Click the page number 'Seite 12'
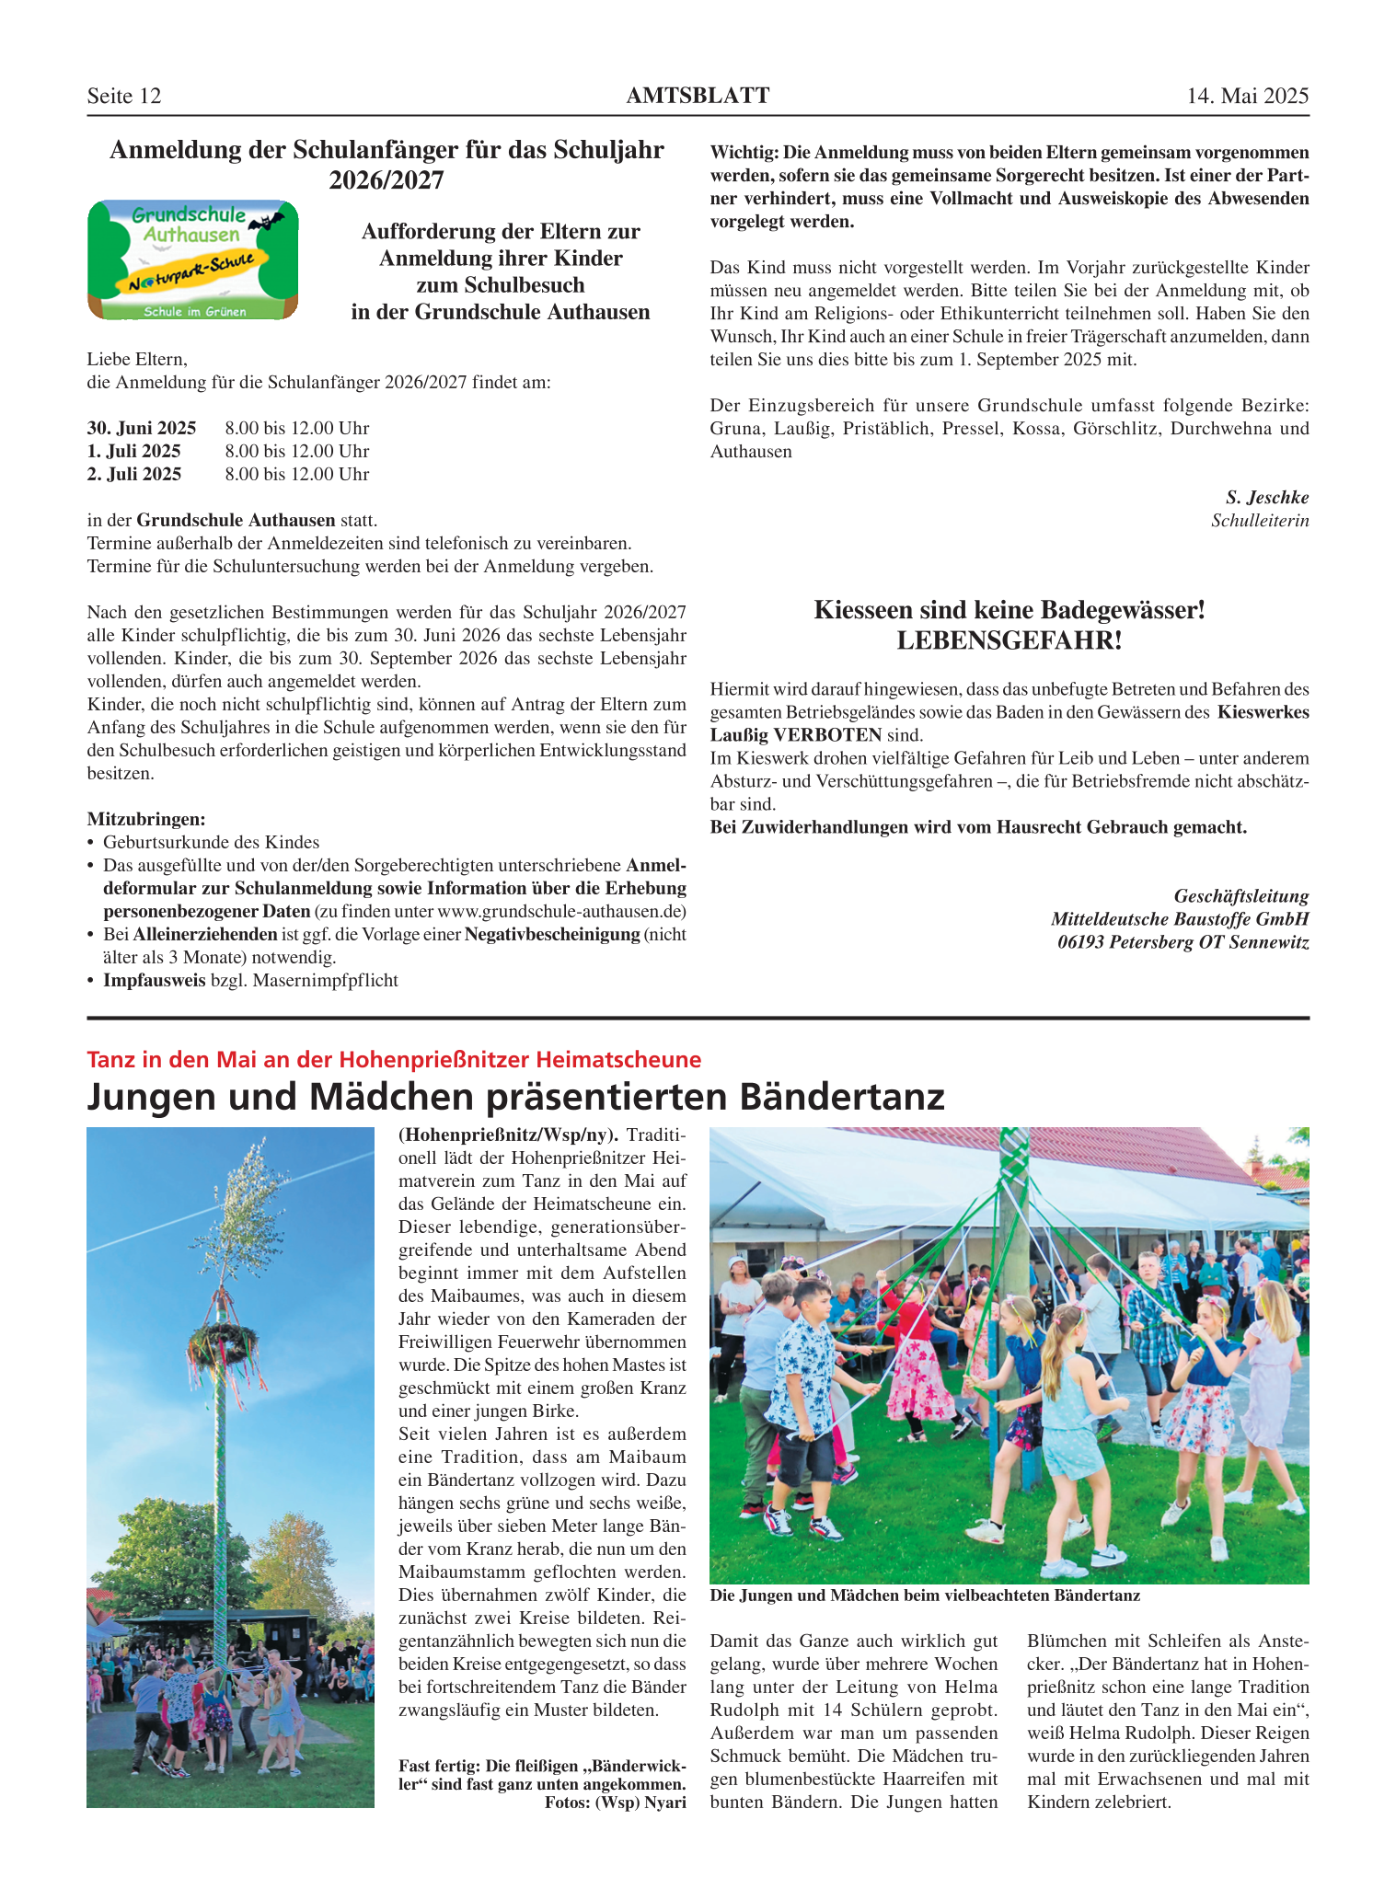click(x=124, y=96)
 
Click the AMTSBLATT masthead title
click(x=698, y=96)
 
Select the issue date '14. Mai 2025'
click(x=1247, y=96)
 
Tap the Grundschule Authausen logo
click(x=192, y=260)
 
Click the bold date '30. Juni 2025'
click(x=142, y=428)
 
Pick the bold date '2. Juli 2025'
click(x=134, y=474)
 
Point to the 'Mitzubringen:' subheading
click(x=146, y=819)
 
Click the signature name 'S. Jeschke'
click(x=1266, y=497)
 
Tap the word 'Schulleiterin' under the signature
click(x=1260, y=521)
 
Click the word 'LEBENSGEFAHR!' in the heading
click(x=1010, y=640)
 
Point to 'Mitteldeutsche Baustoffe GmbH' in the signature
click(x=1180, y=919)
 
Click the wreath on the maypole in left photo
click(x=221, y=1339)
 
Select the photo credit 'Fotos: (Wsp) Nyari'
click(x=615, y=1802)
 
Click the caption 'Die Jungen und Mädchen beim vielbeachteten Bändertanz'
click(x=925, y=1596)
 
